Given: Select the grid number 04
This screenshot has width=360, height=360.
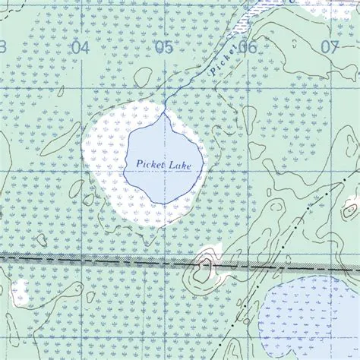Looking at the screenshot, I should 79,47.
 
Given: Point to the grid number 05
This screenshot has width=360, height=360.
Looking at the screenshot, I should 163,47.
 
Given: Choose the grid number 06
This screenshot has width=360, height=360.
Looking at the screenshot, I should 247,47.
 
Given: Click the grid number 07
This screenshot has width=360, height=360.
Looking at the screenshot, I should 329,46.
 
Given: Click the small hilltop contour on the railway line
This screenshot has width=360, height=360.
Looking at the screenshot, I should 204,265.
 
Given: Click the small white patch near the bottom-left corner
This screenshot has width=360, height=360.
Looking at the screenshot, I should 20,290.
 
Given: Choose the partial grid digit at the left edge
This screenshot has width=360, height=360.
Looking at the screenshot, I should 2,47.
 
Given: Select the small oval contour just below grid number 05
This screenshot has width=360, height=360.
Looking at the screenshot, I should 143,76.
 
